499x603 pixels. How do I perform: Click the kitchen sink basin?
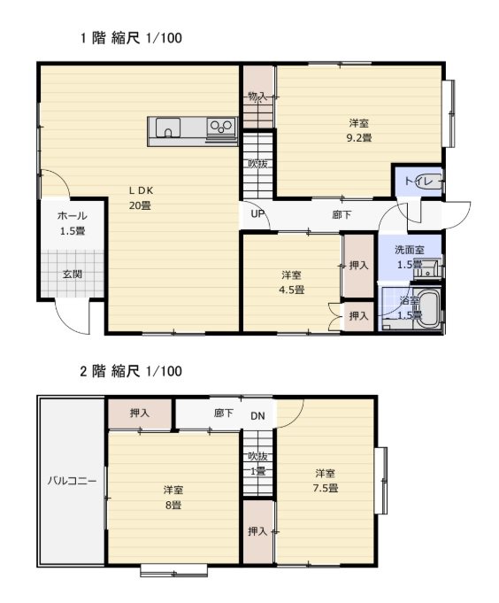[168, 128]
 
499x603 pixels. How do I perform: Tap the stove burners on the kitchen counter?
[221, 126]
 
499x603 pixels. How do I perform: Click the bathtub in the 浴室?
[429, 310]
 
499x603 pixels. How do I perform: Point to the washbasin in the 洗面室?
[427, 269]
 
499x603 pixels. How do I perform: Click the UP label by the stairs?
[257, 213]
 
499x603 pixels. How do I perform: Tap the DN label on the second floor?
[257, 415]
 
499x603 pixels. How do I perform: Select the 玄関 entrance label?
[73, 274]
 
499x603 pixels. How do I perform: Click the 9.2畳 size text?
[359, 137]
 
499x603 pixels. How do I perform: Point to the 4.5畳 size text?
[292, 290]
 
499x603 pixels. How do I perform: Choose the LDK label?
[141, 190]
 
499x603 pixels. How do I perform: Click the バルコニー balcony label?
[73, 481]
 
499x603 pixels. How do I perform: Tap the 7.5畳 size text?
[325, 489]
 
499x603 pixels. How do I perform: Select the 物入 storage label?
[257, 97]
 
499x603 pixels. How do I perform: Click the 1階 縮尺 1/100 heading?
[131, 38]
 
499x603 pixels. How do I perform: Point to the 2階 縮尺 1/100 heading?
[131, 371]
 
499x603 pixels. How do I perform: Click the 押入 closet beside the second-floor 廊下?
[140, 414]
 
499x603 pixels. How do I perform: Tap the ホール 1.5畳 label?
[73, 223]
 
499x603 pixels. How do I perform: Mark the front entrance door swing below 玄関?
[73, 316]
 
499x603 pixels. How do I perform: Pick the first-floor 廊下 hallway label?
[342, 214]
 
